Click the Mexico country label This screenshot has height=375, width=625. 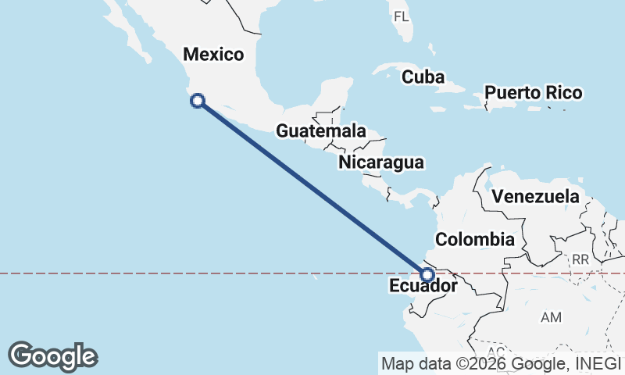tap(213, 55)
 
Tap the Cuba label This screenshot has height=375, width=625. tap(423, 77)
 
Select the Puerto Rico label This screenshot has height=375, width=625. tap(533, 94)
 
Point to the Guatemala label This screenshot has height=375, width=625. tap(321, 130)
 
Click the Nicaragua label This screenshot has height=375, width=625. tap(381, 162)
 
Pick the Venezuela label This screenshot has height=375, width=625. tap(541, 196)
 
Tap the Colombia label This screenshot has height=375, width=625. tap(475, 239)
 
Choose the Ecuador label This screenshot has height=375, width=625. tap(422, 287)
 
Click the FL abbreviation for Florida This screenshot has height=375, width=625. tap(401, 16)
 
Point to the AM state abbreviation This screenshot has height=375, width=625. tap(552, 317)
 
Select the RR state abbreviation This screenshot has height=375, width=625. tap(580, 259)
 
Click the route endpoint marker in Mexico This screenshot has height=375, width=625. tap(198, 100)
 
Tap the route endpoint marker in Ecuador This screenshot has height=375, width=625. tap(427, 274)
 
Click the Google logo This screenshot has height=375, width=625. tap(52, 356)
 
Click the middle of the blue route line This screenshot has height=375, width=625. tap(312, 187)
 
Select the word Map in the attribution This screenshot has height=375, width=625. tap(396, 362)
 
